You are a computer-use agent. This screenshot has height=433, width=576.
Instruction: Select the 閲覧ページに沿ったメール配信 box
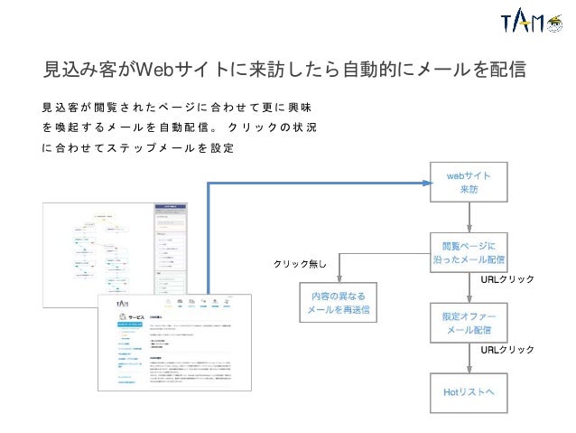469,252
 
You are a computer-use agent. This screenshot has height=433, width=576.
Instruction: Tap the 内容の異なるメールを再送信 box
339,303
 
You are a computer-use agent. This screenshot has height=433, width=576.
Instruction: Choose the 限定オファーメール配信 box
469,322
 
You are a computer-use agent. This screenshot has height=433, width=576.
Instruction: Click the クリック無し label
305,264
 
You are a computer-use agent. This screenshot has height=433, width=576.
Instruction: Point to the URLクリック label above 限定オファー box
507,280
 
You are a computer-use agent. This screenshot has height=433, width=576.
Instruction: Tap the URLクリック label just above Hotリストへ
507,349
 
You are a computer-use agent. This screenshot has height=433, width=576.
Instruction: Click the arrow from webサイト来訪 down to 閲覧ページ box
469,216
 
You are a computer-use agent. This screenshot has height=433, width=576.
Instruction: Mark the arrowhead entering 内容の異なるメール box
338,278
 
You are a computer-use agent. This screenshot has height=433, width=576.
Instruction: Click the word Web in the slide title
154,70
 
